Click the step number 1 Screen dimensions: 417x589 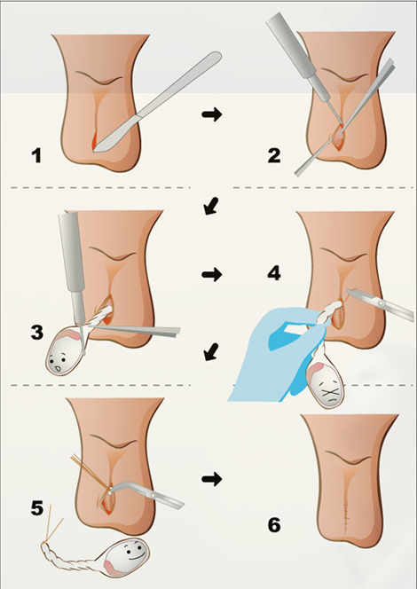(36, 155)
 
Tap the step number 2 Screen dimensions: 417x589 (274, 155)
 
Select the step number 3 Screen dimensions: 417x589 (36, 333)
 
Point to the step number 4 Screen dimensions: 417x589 (274, 273)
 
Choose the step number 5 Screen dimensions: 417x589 (36, 508)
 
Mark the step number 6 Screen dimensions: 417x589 (274, 525)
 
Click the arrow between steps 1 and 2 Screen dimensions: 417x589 (212, 114)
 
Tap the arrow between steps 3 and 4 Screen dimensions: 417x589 (212, 275)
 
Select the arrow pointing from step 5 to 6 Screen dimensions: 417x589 (212, 479)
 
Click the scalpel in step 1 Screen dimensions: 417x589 (158, 102)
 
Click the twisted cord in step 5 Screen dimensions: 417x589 (71, 556)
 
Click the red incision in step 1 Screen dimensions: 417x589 (94, 140)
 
